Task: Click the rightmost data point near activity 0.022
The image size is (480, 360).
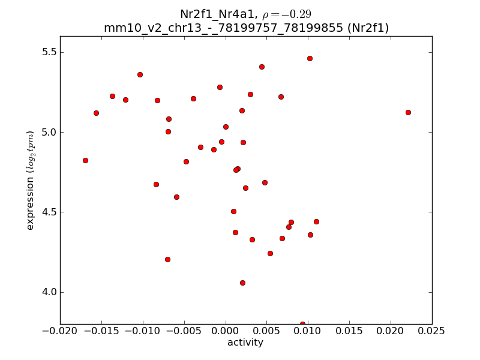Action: point(408,112)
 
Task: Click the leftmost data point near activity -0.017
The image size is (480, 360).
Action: point(85,160)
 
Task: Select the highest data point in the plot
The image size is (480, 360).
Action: point(310,58)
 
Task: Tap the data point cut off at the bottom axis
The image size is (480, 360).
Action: point(302,324)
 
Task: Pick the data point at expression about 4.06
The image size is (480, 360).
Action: point(242,283)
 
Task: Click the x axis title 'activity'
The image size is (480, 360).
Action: point(245,343)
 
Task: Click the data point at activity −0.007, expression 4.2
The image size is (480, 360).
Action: point(167,259)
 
